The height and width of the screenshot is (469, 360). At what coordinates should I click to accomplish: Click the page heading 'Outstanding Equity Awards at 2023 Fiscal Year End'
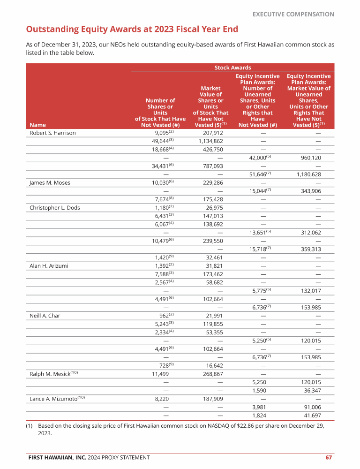tap(132, 30)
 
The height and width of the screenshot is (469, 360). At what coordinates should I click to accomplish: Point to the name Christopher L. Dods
tap(54, 208)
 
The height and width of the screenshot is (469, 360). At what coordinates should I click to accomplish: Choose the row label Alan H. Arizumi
tap(49, 266)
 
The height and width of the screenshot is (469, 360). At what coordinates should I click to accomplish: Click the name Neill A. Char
tap(45, 316)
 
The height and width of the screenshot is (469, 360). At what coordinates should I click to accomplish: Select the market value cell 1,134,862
tap(210, 141)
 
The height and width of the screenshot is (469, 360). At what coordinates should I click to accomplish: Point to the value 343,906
tap(310, 191)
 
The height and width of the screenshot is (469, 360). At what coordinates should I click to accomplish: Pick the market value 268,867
tap(211, 374)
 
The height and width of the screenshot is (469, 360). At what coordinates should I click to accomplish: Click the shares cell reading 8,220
tap(161, 399)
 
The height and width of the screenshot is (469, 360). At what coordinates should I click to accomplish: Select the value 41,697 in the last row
tap(312, 416)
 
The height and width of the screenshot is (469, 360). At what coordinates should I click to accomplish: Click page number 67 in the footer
tap(329, 457)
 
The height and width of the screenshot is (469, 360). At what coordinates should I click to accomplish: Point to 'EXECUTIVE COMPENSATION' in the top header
tap(293, 14)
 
